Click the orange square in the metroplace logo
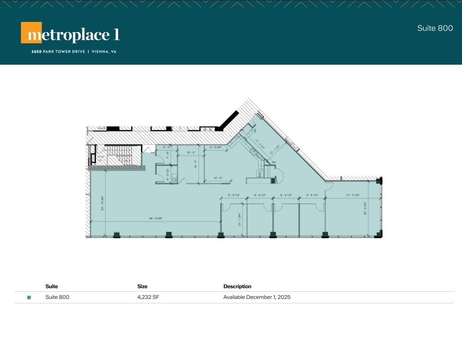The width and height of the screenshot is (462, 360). coord(31,33)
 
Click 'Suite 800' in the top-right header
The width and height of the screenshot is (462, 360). coord(435,28)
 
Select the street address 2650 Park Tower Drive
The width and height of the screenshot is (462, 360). coord(58,52)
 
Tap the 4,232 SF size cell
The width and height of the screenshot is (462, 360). coord(148,297)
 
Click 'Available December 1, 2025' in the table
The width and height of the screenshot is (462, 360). coord(256,297)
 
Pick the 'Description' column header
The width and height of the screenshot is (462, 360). coord(237,286)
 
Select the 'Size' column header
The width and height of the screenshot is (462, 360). coord(142,286)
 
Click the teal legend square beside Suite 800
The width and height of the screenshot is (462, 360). coord(29,297)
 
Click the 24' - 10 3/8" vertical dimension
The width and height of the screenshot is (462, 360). coord(103,203)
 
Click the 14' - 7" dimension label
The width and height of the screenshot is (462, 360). coord(194,167)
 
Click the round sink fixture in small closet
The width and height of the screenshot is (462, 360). coord(175,180)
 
